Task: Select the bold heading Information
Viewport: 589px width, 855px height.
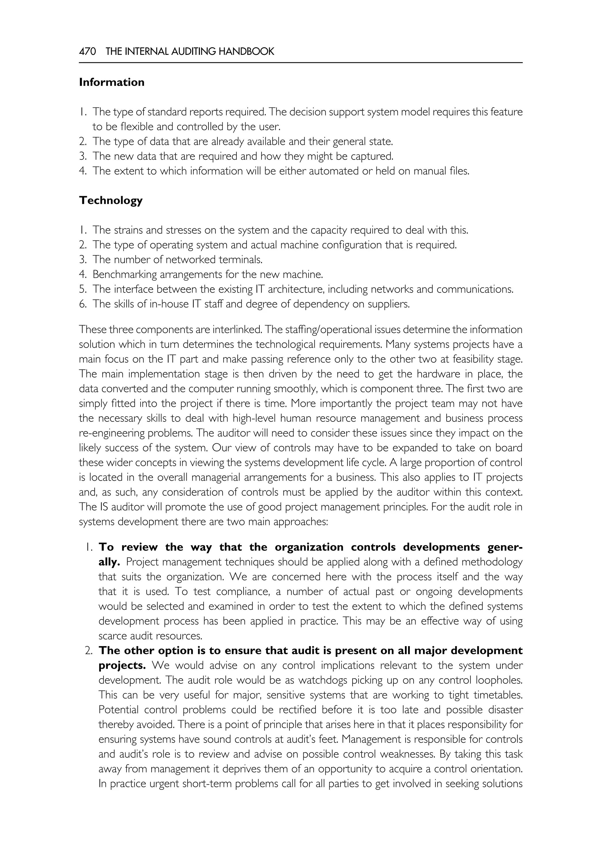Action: point(112,82)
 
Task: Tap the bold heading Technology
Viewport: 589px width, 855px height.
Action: point(111,200)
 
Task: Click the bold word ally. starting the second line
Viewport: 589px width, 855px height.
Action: point(109,562)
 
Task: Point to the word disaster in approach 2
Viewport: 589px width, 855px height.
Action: point(505,709)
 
